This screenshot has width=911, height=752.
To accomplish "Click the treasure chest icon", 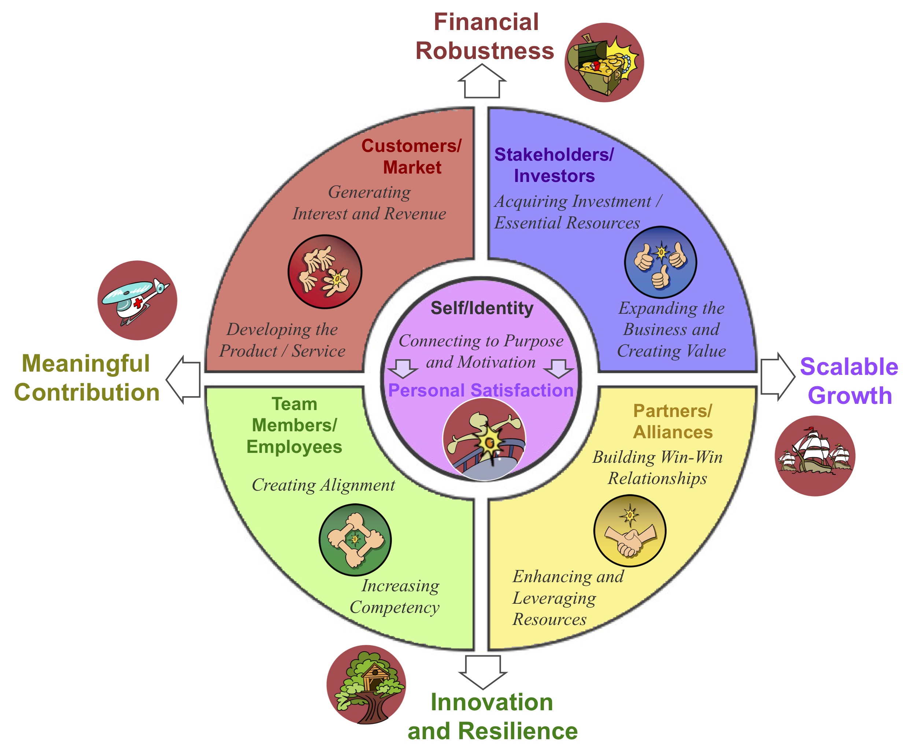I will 604,62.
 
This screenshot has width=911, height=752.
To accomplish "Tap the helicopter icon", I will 137,300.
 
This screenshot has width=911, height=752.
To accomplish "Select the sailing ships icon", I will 815,456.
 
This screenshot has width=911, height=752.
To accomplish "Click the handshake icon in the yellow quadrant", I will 629,531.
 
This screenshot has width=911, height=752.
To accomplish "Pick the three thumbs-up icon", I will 660,262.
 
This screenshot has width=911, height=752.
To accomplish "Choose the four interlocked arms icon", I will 355,540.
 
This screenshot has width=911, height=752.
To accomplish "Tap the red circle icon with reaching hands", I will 325,272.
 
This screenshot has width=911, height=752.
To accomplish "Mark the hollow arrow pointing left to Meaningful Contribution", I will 184,380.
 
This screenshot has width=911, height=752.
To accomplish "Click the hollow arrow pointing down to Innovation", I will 483,671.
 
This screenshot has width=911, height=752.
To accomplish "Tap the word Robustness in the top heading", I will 485,51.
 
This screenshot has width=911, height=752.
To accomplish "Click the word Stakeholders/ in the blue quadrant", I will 554,155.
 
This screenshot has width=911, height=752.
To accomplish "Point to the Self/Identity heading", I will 481,308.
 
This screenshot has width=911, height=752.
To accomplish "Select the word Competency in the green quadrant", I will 395,607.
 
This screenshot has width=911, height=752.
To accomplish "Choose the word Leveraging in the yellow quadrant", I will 554,598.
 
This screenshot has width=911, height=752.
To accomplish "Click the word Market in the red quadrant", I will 412,167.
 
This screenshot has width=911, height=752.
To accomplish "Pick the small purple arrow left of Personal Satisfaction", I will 403,369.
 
